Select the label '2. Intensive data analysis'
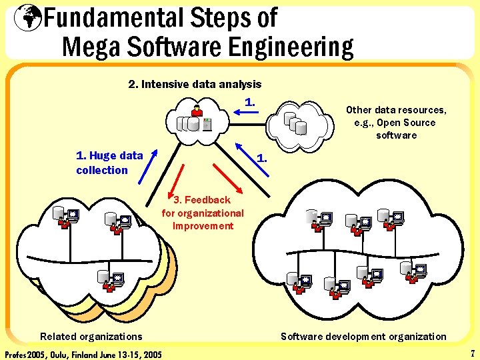pyautogui.click(x=195, y=85)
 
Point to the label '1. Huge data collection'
pyautogui.click(x=109, y=163)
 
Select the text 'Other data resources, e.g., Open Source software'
pyautogui.click(x=396, y=123)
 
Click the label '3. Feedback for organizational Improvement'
pyautogui.click(x=203, y=213)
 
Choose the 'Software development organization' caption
pyautogui.click(x=363, y=337)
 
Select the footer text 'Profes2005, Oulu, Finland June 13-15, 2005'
pyautogui.click(x=83, y=353)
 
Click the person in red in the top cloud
pyautogui.click(x=197, y=111)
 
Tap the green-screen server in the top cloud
pyautogui.click(x=207, y=123)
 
